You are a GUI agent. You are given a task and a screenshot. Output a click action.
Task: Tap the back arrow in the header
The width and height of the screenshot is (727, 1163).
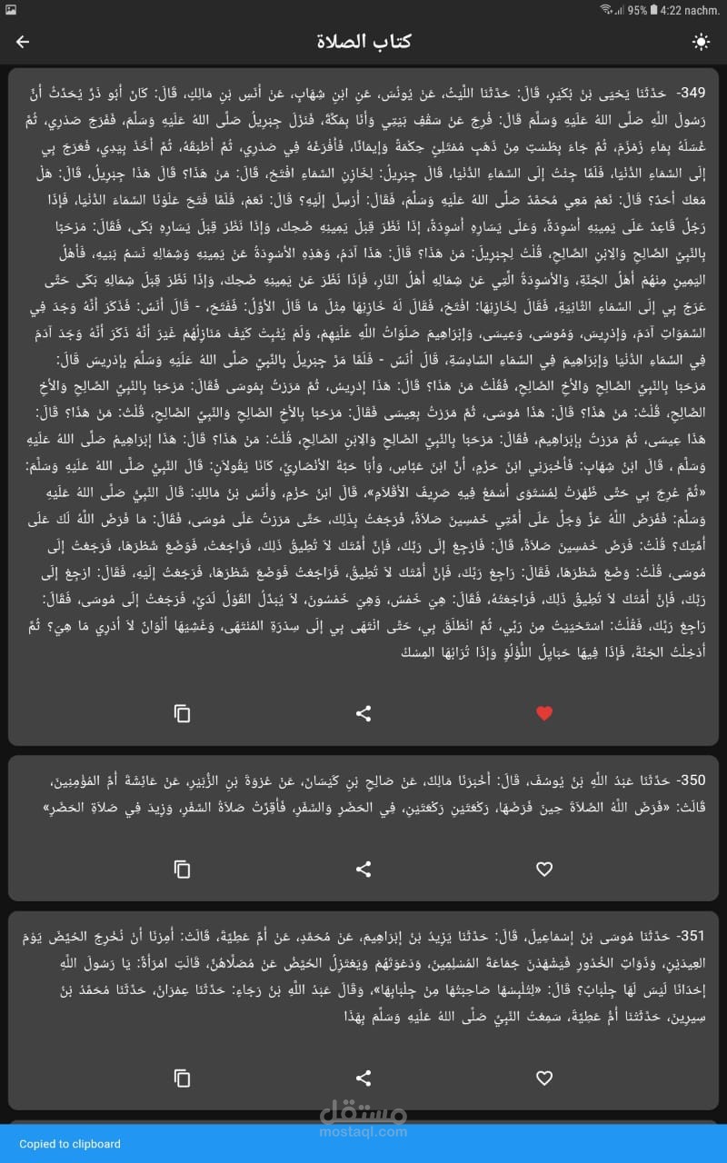[x=23, y=42]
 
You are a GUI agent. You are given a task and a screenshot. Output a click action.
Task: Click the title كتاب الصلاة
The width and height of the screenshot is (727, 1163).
[x=363, y=42]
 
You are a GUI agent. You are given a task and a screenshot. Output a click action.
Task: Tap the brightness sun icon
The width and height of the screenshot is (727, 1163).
[x=701, y=42]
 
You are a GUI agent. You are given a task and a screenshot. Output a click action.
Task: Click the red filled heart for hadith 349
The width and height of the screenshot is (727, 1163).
[x=544, y=713]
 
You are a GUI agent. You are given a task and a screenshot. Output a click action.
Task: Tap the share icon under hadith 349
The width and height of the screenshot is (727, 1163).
[x=363, y=713]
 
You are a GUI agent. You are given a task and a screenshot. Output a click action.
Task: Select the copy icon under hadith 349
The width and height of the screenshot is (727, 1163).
[x=183, y=713]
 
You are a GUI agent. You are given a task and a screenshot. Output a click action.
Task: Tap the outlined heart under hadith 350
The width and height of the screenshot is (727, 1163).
[x=544, y=870]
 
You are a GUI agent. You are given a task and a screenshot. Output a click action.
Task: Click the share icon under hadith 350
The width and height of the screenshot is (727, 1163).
[x=363, y=870]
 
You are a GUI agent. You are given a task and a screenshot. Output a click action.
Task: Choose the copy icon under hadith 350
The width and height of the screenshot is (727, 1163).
[x=183, y=870]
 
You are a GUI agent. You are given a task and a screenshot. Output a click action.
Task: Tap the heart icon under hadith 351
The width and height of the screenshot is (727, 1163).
[x=544, y=1079]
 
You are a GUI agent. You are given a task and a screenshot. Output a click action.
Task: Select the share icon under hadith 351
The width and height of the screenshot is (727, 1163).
[x=363, y=1079]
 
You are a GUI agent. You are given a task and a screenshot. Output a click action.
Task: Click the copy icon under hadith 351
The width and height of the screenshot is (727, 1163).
[x=183, y=1079]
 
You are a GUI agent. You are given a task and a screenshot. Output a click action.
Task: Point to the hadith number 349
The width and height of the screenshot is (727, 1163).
[x=691, y=93]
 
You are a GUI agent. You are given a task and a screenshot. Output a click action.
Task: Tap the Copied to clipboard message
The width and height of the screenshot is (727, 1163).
[x=70, y=1144]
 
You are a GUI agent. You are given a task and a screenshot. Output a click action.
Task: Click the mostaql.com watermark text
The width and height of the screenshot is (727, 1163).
[x=363, y=1132]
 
